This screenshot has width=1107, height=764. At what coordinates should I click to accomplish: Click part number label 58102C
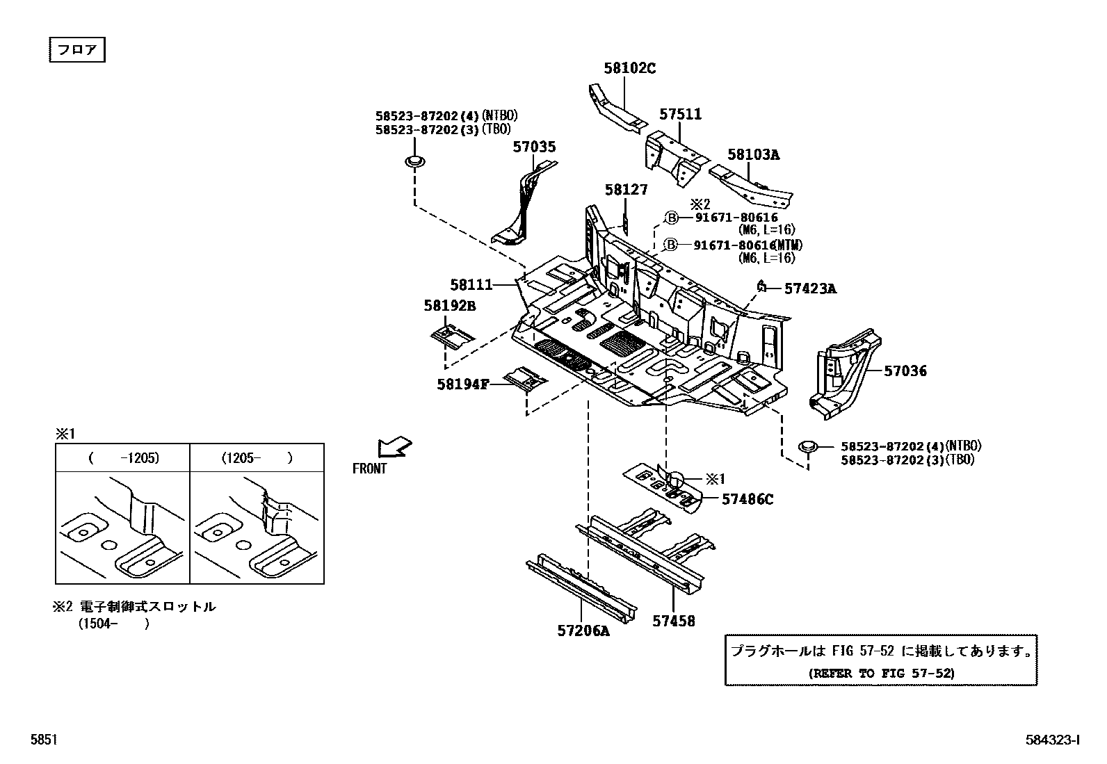[629, 68]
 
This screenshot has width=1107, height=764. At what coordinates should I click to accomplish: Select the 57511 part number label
[680, 115]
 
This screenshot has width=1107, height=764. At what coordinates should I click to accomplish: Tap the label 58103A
[753, 154]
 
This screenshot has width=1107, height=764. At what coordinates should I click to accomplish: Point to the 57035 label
[534, 147]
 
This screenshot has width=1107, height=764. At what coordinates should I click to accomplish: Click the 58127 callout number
[625, 189]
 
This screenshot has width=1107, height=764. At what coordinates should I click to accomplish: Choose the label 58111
[471, 284]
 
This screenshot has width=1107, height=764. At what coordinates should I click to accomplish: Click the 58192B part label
[449, 305]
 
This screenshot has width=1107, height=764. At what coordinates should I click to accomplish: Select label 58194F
[463, 383]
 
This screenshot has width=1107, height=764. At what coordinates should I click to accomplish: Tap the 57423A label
[810, 288]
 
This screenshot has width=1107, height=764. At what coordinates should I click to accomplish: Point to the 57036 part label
[905, 371]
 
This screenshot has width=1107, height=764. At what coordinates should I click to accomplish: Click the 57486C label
[747, 498]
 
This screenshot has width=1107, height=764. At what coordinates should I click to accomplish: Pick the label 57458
[673, 621]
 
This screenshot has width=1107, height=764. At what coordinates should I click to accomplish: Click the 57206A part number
[583, 631]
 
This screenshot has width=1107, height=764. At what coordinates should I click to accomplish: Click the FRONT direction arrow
[394, 446]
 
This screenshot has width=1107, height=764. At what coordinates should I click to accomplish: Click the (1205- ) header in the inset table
[257, 458]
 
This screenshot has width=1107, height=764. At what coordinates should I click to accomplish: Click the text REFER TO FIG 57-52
[880, 672]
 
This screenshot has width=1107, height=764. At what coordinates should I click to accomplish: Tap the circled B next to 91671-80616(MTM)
[671, 245]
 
